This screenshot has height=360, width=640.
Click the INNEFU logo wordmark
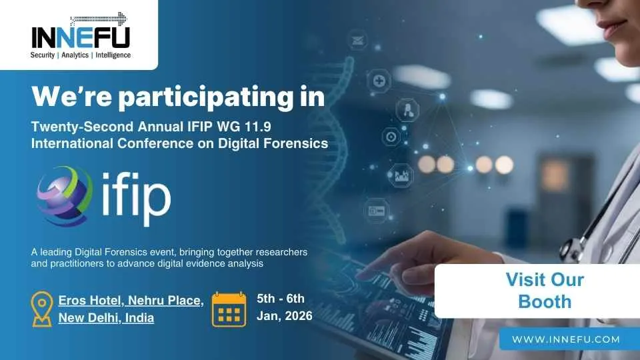coord(81,37)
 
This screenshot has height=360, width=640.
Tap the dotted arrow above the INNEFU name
coord(99,19)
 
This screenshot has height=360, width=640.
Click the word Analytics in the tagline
coord(75,55)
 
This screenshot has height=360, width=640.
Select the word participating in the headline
coord(206,97)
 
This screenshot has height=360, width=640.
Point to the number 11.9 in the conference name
coord(257,127)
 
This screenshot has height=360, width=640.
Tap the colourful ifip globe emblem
coord(65,195)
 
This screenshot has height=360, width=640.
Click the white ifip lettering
coord(136,198)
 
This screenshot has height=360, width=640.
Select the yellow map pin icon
coord(42,309)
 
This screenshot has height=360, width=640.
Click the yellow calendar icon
coord(229,309)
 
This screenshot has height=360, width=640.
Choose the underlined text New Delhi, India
coord(106,317)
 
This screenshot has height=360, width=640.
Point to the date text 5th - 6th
coord(281,299)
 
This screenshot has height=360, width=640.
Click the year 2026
coord(299,316)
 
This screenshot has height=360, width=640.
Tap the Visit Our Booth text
coord(545,291)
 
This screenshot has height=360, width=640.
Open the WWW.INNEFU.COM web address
coord(566,339)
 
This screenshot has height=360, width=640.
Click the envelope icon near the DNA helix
coord(357,41)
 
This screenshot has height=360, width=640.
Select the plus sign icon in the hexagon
coord(379,81)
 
